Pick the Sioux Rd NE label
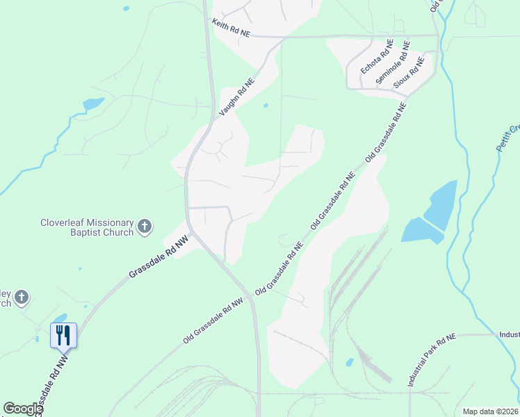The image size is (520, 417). point(409,77)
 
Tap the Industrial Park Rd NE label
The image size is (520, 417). point(431,360)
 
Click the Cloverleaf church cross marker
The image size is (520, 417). point(145,226)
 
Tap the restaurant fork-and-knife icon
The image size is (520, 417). point(63,336)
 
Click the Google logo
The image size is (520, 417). point(23,409)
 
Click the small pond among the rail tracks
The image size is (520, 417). point(350,362)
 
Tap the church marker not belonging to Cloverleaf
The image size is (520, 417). point(22,297)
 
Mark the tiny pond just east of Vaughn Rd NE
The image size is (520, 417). point(266,106)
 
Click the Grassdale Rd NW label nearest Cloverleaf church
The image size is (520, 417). point(159,258)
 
